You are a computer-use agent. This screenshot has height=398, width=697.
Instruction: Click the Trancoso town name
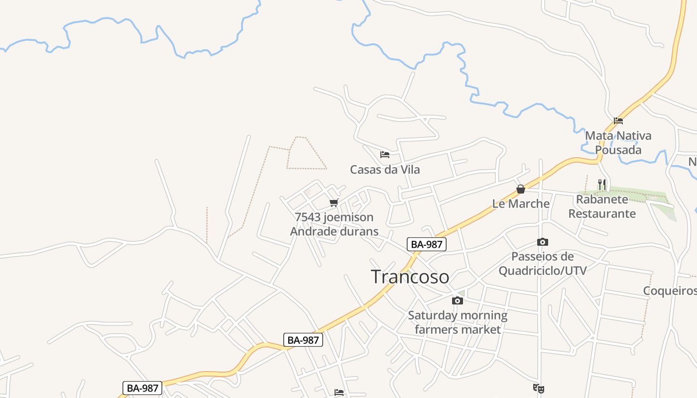click(410, 277)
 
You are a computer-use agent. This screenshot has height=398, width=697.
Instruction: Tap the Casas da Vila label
click(385, 170)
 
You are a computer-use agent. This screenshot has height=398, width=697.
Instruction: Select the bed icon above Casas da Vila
click(384, 155)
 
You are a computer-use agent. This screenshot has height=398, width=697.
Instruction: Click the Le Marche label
click(521, 203)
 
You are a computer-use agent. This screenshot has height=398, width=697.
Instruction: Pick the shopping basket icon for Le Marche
click(521, 189)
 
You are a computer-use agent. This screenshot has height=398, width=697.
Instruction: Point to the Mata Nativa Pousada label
click(618, 143)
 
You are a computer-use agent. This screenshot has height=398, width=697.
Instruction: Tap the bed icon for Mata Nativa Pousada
click(618, 120)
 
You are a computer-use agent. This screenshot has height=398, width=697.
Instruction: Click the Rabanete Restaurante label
click(602, 206)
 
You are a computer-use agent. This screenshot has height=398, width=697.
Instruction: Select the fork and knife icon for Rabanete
click(602, 185)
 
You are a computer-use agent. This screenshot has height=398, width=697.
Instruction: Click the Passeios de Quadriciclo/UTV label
click(543, 264)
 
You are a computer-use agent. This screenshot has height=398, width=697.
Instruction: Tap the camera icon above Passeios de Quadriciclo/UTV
click(543, 242)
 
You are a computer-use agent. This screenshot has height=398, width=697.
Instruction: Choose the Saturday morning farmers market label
click(458, 322)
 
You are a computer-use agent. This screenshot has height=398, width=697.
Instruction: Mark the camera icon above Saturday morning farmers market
click(457, 300)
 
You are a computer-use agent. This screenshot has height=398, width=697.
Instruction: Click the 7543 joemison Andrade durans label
click(334, 224)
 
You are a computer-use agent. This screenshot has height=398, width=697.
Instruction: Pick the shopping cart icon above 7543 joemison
click(334, 203)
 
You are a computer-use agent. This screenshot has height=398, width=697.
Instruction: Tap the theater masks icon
click(538, 388)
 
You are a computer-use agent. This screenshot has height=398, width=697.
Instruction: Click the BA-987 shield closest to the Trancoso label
click(427, 244)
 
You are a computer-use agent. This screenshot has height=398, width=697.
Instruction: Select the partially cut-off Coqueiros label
click(670, 291)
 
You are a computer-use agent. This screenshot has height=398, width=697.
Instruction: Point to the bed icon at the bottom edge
click(339, 393)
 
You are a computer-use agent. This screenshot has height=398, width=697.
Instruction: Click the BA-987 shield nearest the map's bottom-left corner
click(142, 388)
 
